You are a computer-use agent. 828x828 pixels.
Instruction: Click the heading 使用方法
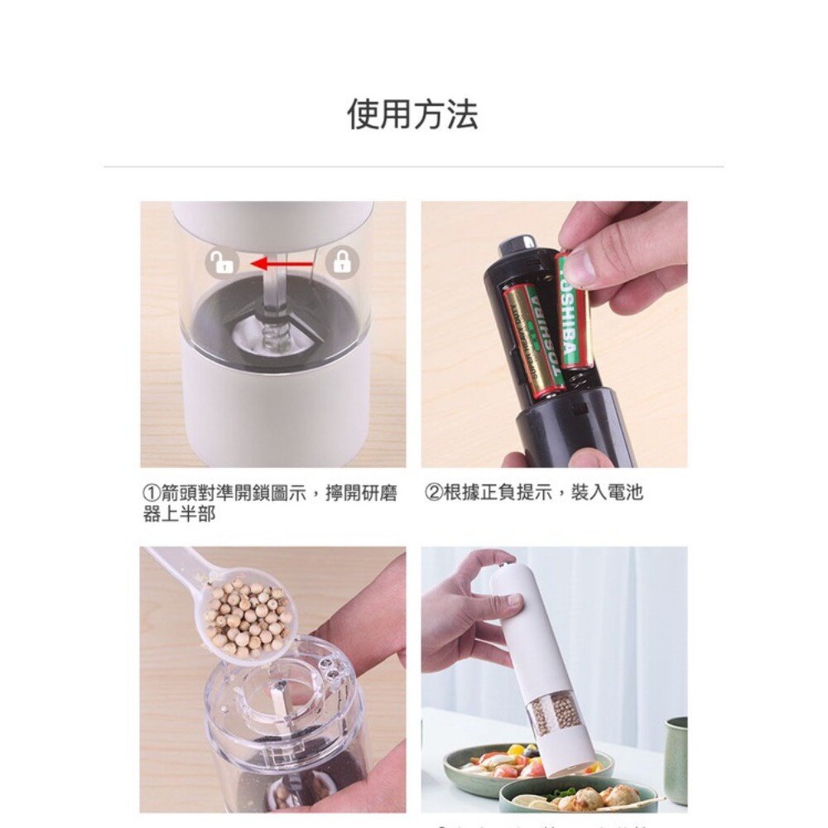pyautogui.click(x=412, y=114)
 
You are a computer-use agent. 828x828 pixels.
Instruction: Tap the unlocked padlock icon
pyautogui.click(x=221, y=263)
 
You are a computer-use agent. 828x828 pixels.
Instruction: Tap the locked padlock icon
pyautogui.click(x=340, y=263)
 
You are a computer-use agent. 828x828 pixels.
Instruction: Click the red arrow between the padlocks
pyautogui.click(x=282, y=264)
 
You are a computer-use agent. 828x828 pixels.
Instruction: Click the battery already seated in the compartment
pyautogui.click(x=532, y=339)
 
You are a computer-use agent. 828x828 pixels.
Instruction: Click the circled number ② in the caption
pyautogui.click(x=433, y=493)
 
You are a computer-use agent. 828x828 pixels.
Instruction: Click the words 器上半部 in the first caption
pyautogui.click(x=180, y=514)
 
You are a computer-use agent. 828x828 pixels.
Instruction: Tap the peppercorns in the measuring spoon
pyautogui.click(x=248, y=617)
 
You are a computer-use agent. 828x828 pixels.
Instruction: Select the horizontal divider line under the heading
pyautogui.click(x=413, y=166)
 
